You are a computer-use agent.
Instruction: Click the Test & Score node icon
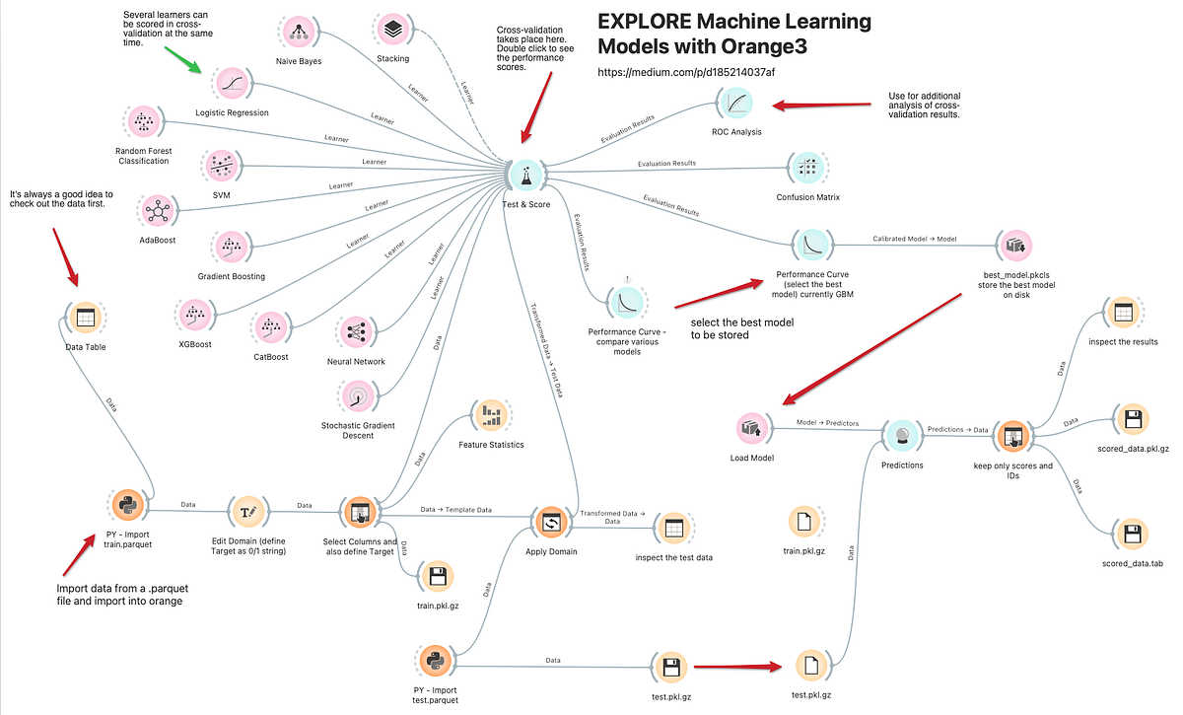pyautogui.click(x=526, y=177)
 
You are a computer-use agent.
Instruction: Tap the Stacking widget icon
pyautogui.click(x=392, y=30)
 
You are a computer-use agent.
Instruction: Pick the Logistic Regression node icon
pyautogui.click(x=232, y=84)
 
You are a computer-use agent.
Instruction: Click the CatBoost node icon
pyautogui.click(x=270, y=326)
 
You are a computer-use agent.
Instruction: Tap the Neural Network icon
pyautogui.click(x=353, y=331)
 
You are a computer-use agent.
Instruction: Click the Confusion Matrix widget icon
pyautogui.click(x=807, y=167)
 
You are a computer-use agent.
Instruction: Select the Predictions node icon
pyautogui.click(x=901, y=434)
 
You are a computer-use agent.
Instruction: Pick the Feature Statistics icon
pyautogui.click(x=490, y=414)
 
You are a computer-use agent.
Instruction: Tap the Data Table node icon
pyautogui.click(x=86, y=318)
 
